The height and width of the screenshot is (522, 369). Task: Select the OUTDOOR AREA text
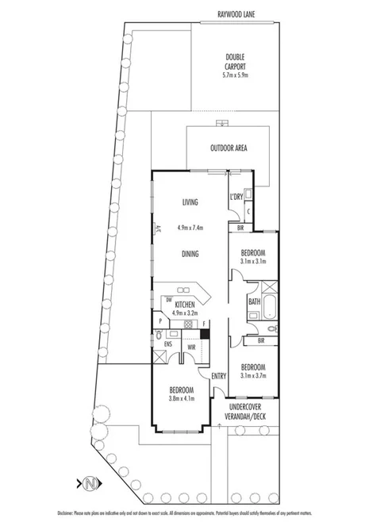click(x=229, y=148)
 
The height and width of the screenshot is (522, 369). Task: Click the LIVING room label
click(x=189, y=202)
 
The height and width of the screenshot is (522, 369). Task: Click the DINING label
click(x=189, y=254)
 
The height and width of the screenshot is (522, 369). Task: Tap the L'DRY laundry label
click(x=236, y=196)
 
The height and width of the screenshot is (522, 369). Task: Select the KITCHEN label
click(x=185, y=305)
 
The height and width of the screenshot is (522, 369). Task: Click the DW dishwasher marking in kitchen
click(x=167, y=299)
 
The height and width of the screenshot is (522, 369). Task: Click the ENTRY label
click(x=219, y=376)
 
